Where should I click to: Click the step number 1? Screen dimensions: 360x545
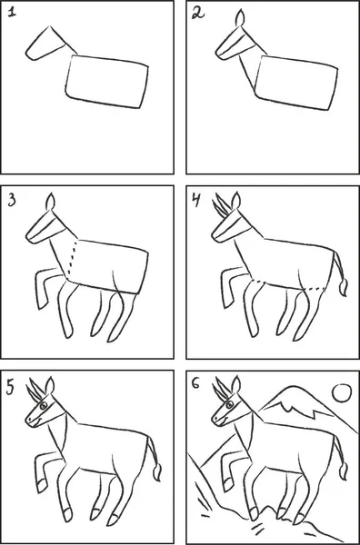[x=12, y=13]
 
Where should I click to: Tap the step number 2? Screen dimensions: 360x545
[x=198, y=14]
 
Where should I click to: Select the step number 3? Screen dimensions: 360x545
[x=12, y=201]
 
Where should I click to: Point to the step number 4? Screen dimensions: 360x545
[x=196, y=200]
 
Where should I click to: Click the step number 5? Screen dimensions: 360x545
[x=11, y=388]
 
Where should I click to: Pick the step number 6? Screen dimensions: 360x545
[x=196, y=384]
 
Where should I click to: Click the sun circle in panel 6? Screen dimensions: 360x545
[x=342, y=393]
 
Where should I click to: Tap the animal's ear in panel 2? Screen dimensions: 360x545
[x=240, y=18]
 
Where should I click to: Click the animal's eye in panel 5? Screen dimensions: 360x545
[x=44, y=405]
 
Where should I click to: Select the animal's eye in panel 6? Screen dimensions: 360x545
[x=230, y=404]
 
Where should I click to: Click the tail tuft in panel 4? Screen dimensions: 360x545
[x=344, y=287]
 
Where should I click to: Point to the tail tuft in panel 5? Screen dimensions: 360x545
[x=157, y=471]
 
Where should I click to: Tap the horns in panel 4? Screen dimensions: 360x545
[x=221, y=205]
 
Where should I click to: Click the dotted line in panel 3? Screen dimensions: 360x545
[x=73, y=258]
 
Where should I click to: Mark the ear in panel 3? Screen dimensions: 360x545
[x=51, y=202]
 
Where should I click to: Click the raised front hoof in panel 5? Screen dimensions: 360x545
[x=42, y=485]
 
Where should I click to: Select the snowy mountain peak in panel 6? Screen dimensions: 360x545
[x=295, y=403]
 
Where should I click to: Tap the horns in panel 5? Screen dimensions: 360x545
[x=35, y=391]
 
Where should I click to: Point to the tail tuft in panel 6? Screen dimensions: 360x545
[x=344, y=471]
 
